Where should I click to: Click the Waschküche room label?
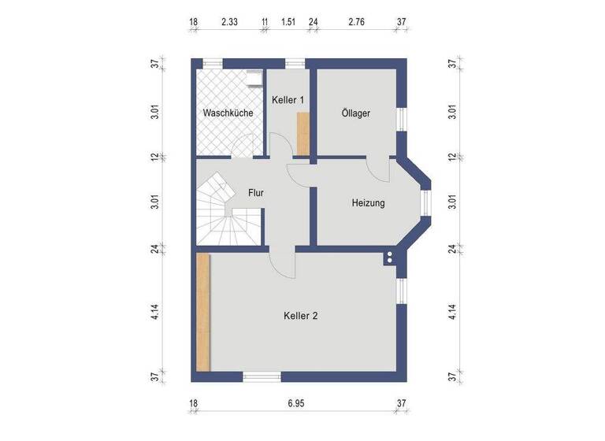pyautogui.click(x=228, y=113)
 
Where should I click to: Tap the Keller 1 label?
pyautogui.click(x=288, y=100)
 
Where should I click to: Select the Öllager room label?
pyautogui.click(x=356, y=113)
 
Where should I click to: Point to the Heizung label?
pyautogui.click(x=368, y=203)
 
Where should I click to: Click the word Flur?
pyautogui.click(x=255, y=192)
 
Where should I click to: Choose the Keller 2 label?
pyautogui.click(x=300, y=316)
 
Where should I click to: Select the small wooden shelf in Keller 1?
pyautogui.click(x=302, y=132)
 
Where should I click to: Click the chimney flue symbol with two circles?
pyautogui.click(x=389, y=258)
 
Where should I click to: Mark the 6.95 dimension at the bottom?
pyautogui.click(x=295, y=403)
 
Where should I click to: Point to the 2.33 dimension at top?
pyautogui.click(x=229, y=23)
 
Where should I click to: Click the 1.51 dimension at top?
pyautogui.click(x=289, y=23)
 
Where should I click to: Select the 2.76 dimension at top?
pyautogui.click(x=357, y=23)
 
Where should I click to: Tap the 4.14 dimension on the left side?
pyautogui.click(x=156, y=312)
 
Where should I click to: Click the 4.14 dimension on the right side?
pyautogui.click(x=452, y=312)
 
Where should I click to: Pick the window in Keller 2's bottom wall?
pyautogui.click(x=262, y=376)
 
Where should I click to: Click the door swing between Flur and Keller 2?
pyautogui.click(x=281, y=263)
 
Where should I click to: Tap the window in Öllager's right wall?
pyautogui.click(x=402, y=120)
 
